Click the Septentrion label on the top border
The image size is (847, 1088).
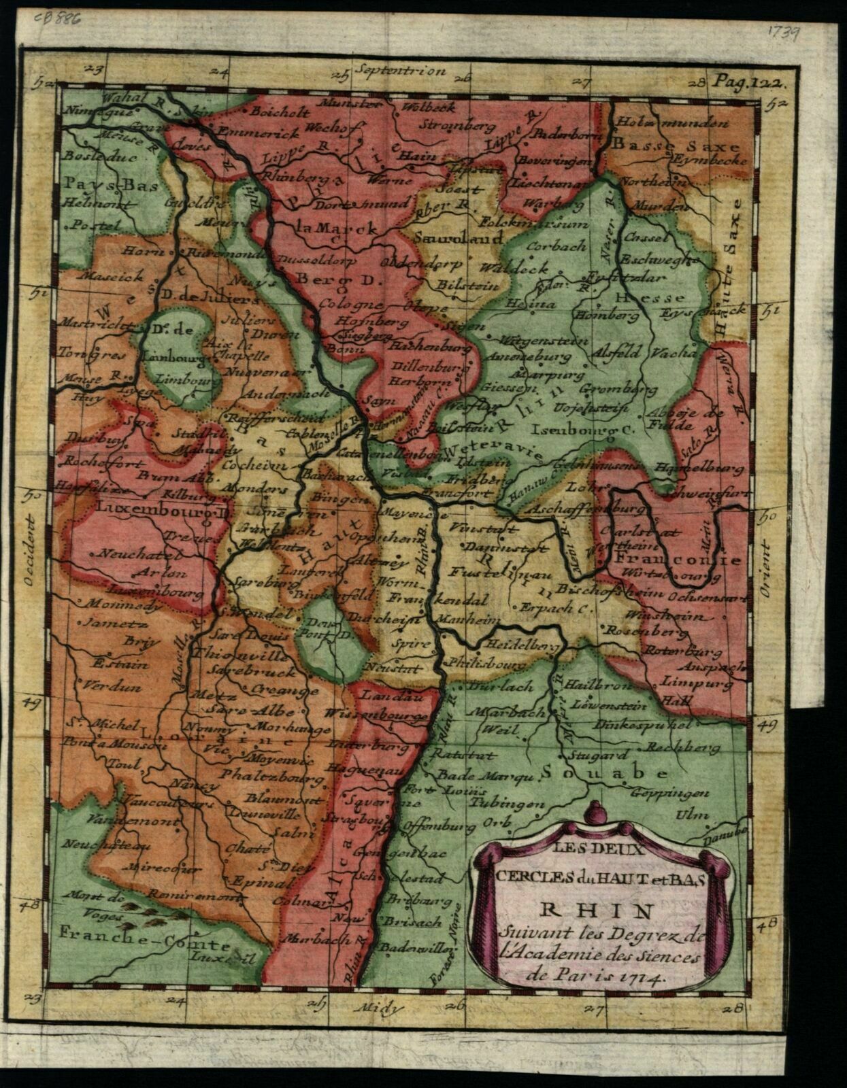pyautogui.click(x=400, y=71)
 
